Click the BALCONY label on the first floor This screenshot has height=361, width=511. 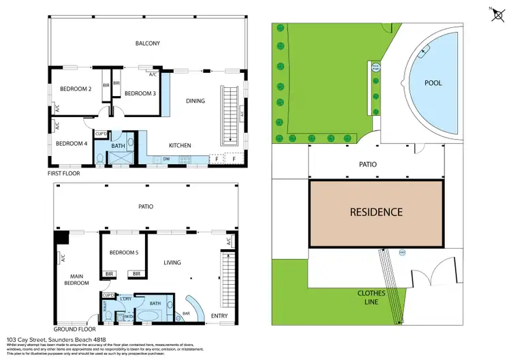click(147, 44)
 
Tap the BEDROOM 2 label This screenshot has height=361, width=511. click(76, 89)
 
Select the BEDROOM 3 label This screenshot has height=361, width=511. click(140, 93)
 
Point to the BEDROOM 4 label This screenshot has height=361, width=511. click(72, 143)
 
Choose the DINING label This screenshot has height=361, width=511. click(196, 101)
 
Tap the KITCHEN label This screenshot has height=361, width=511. click(180, 145)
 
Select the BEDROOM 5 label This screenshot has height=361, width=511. click(124, 253)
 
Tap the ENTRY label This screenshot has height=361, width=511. click(220, 316)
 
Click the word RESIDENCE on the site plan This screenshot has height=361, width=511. click(376, 212)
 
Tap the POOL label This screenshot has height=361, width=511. click(433, 83)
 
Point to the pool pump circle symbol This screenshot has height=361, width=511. click(375, 66)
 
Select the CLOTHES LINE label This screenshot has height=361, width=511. click(373, 297)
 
